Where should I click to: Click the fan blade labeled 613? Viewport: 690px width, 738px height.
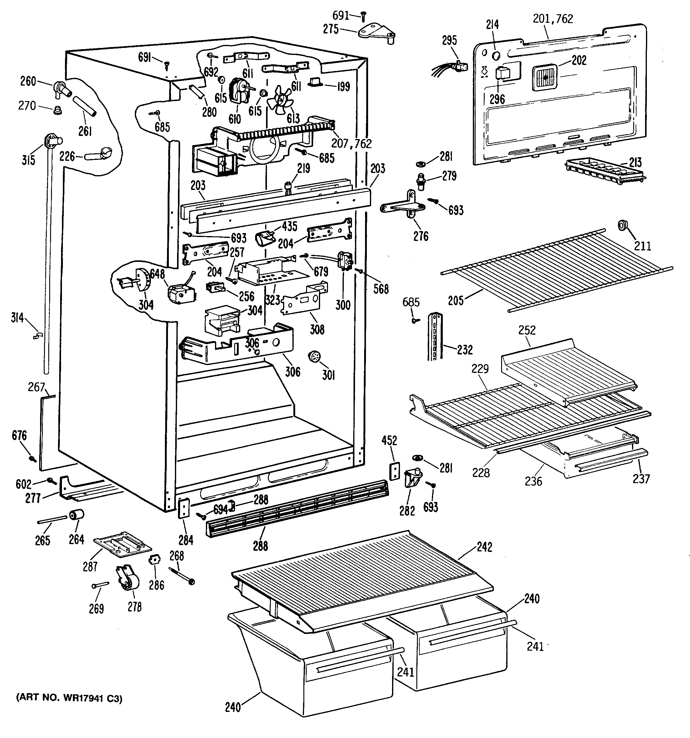283,100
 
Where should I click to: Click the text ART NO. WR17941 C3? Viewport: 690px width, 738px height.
69,699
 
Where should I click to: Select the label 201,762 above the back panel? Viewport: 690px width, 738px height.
553,19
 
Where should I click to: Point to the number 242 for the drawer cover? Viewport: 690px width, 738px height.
484,547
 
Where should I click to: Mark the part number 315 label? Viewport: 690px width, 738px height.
28,160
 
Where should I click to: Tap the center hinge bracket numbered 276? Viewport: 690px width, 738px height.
405,206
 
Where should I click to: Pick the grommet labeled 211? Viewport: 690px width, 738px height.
622,226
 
